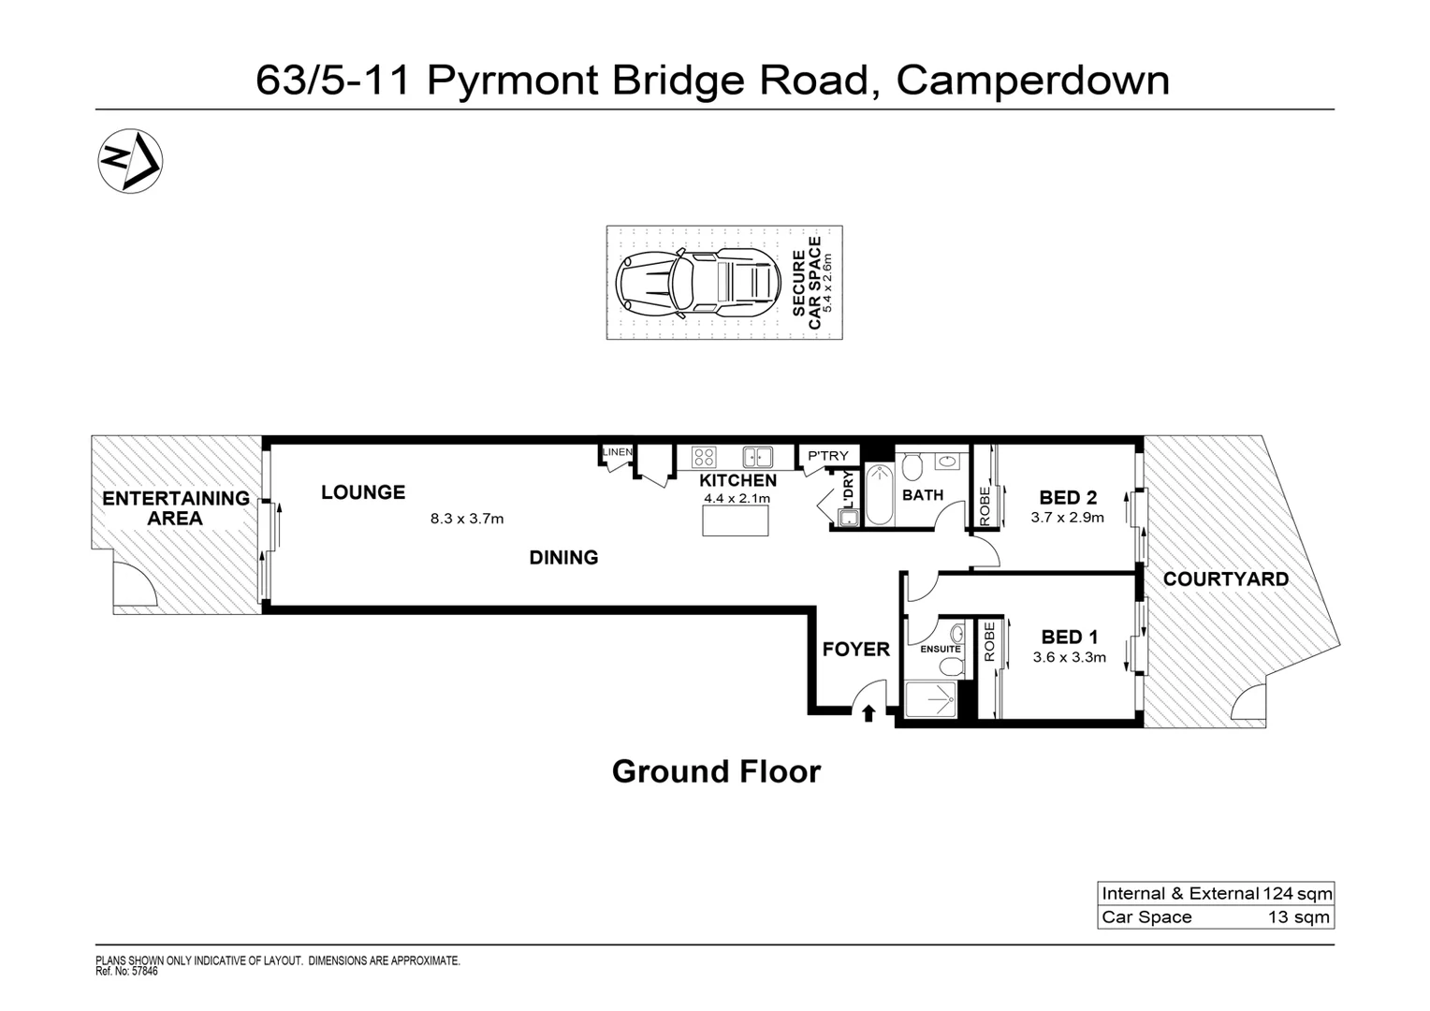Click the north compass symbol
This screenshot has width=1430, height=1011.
click(130, 160)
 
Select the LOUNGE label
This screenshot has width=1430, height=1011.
click(363, 492)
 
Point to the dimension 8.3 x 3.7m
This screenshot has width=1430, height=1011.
click(467, 519)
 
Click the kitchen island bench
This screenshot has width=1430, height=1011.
click(736, 520)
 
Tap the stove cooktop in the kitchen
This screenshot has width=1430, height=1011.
click(704, 458)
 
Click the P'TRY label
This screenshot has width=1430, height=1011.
click(828, 456)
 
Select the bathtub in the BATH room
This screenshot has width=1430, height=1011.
click(881, 495)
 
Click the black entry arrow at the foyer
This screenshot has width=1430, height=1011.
click(868, 713)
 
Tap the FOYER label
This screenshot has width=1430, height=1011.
click(855, 650)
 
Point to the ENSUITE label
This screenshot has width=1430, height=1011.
click(941, 649)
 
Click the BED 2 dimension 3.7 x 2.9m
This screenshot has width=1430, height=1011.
click(1068, 518)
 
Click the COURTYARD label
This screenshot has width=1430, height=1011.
click(1225, 579)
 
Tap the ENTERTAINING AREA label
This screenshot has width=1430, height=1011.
click(176, 508)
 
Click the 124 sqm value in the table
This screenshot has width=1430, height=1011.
click(1297, 894)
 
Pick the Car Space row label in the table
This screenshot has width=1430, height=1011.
click(1146, 917)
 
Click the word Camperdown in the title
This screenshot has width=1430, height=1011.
click(1033, 81)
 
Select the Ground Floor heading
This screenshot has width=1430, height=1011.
click(716, 771)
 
